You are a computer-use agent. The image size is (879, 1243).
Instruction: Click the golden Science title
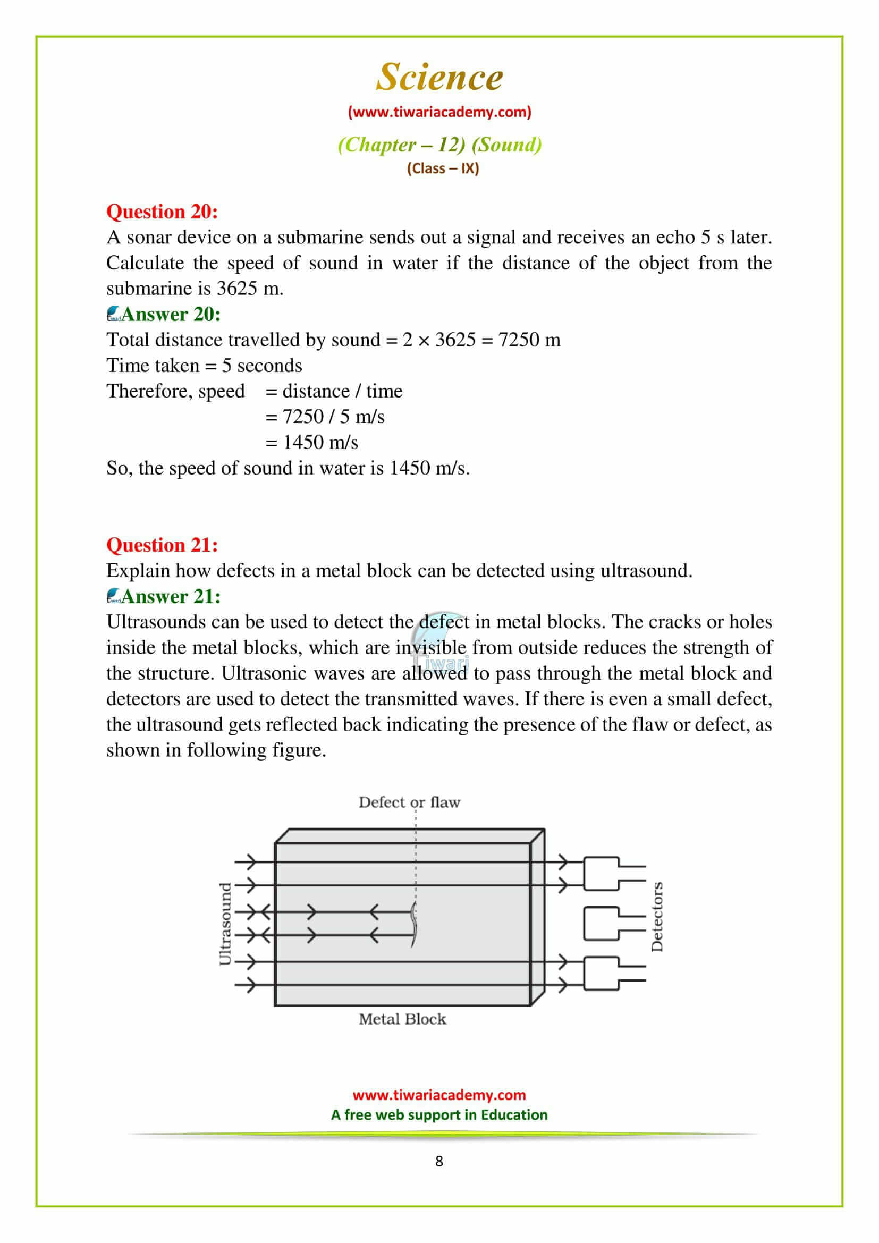(439, 77)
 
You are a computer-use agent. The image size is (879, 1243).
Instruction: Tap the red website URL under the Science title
(439, 112)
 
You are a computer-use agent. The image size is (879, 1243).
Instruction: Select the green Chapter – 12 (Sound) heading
(439, 145)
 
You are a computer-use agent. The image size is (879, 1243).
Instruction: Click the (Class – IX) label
(443, 168)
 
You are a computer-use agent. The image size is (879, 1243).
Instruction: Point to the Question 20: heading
(162, 211)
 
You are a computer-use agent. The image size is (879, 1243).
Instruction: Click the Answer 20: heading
(170, 314)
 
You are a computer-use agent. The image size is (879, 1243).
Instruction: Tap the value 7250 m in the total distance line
(529, 340)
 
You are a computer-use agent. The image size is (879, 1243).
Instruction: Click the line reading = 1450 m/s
(312, 442)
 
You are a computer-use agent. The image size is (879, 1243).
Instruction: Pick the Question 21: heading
(162, 545)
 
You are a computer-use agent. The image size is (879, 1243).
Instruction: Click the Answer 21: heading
(170, 596)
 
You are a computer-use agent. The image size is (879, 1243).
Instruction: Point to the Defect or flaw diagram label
(409, 802)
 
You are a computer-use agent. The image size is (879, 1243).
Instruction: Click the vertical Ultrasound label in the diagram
(225, 924)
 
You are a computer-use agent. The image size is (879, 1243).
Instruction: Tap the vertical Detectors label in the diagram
(656, 924)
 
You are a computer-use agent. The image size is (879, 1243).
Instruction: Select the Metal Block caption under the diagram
(402, 1019)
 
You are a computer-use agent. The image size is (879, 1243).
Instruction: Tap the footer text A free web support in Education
(439, 1115)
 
